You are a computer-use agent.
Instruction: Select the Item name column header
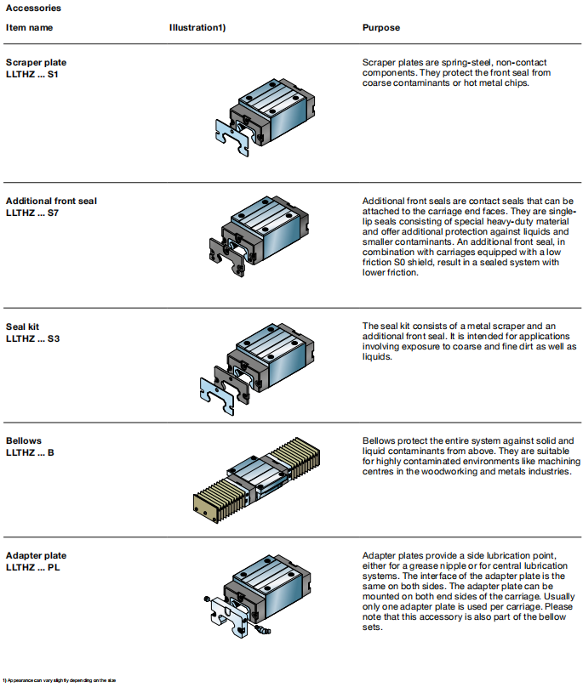point(29,27)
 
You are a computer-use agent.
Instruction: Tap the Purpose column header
point(380,27)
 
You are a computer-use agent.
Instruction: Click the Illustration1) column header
point(197,27)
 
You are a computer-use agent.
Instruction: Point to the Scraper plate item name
point(36,62)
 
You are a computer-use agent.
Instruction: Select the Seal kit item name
point(23,326)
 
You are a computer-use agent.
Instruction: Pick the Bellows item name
point(23,440)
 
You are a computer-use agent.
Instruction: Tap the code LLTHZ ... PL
point(32,565)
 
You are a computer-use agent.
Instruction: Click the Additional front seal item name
point(51,201)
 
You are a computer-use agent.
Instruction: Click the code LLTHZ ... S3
point(32,338)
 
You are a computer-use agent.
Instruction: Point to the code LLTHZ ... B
point(30,452)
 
